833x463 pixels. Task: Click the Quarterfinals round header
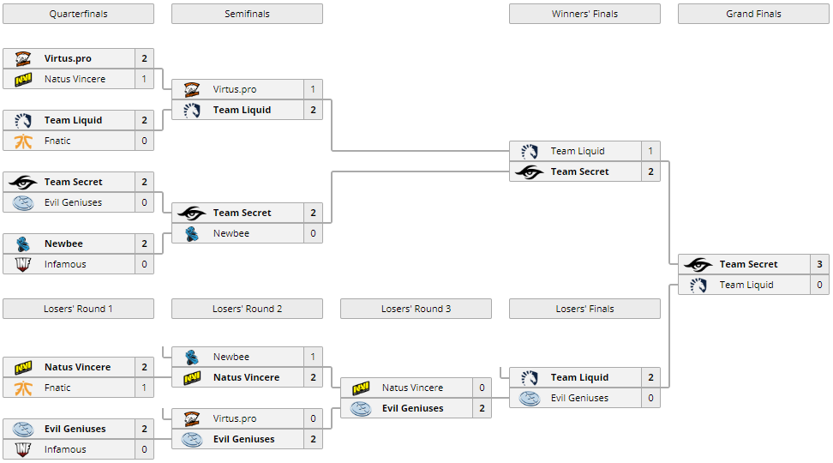[x=78, y=14]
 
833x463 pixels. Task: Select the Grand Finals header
[x=753, y=14]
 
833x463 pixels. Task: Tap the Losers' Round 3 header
[x=416, y=309]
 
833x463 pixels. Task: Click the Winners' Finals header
[x=584, y=14]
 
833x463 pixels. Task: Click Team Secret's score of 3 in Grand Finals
[x=819, y=264]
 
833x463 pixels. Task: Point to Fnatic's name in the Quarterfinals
[x=57, y=141]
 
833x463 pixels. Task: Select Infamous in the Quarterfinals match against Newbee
[x=65, y=264]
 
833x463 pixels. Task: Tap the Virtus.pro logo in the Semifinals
[x=192, y=89]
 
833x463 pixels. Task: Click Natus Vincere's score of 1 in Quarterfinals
[x=144, y=79]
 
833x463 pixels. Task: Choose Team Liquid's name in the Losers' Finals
[x=579, y=377]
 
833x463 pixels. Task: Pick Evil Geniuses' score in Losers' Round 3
[x=482, y=408]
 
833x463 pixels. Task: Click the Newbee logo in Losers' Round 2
[x=192, y=357]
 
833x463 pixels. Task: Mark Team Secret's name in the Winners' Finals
[x=579, y=171]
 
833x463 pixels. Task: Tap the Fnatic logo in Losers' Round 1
[x=23, y=388]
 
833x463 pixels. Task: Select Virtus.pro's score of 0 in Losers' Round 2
[x=313, y=418]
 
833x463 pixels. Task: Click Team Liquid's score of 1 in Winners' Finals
[x=650, y=151]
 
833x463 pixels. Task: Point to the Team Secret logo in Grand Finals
[x=698, y=264]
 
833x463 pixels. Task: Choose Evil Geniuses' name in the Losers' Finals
[x=579, y=398]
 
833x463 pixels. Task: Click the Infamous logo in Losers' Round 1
[x=23, y=449]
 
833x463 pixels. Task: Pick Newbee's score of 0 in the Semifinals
[x=313, y=233]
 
